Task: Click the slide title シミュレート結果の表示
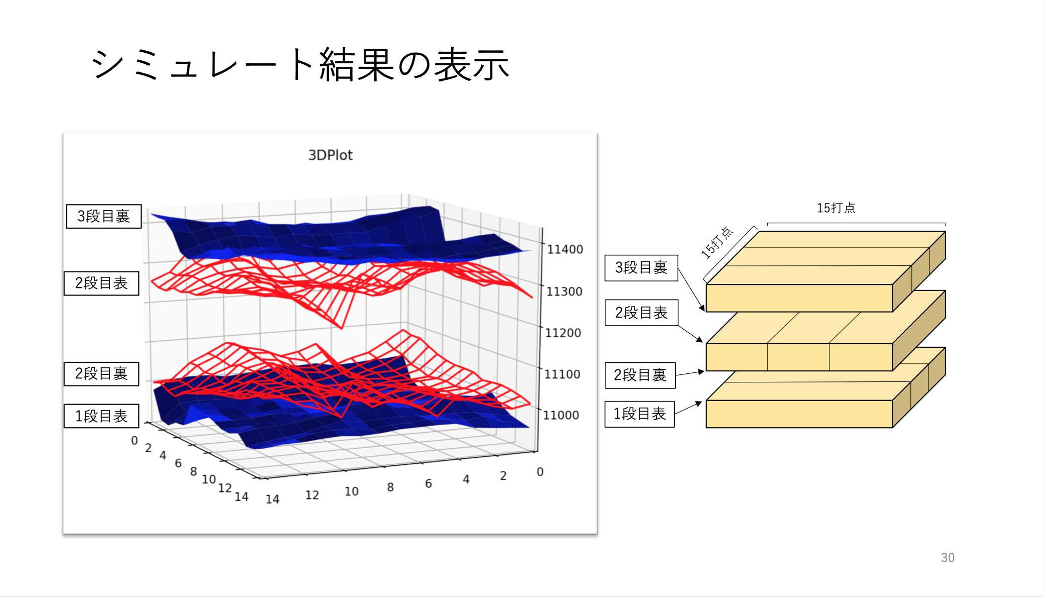(300, 64)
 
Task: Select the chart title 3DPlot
(330, 155)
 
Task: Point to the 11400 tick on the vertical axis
(565, 249)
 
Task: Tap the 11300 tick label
(564, 291)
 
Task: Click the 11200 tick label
(563, 333)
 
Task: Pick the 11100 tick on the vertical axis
(562, 374)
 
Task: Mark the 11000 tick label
(561, 415)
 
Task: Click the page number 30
(948, 558)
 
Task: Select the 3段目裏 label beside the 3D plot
(103, 216)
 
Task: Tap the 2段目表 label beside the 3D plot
(101, 283)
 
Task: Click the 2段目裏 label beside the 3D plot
(101, 373)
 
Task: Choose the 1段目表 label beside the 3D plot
(101, 416)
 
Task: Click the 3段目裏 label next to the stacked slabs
(641, 267)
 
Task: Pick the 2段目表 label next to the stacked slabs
(642, 313)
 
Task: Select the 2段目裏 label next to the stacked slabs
(640, 375)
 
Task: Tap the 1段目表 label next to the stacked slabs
(640, 414)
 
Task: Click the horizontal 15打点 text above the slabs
(836, 208)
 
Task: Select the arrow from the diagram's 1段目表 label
(688, 408)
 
